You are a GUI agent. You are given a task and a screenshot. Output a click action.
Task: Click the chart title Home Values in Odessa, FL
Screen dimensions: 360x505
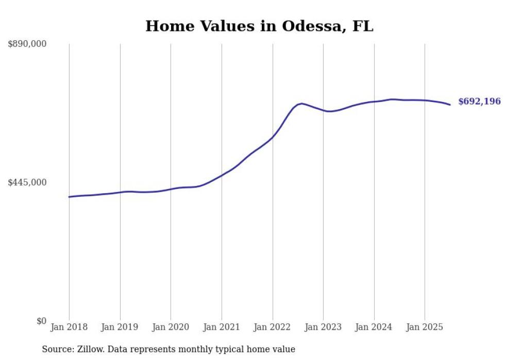coord(259,26)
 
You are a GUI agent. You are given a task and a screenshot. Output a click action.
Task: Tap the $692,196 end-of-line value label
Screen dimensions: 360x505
coord(479,101)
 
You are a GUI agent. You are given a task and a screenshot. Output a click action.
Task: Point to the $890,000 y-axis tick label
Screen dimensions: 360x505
coord(27,44)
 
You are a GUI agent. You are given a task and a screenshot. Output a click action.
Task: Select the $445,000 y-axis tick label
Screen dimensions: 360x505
coord(27,182)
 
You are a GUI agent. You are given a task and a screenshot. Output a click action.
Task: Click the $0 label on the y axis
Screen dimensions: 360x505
coord(41,321)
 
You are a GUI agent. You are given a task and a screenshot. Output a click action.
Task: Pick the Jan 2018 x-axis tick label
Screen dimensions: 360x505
coord(69,327)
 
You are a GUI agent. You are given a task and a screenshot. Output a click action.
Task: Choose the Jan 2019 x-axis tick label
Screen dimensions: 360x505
coord(120,327)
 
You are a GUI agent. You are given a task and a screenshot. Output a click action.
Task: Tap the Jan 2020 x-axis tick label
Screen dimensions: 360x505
coord(171,327)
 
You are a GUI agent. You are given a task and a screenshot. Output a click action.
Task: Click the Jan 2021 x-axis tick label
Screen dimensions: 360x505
coord(222,327)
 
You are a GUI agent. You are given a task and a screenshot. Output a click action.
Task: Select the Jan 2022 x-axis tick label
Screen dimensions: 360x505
coord(273,327)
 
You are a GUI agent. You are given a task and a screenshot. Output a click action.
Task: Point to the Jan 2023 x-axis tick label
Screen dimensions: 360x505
coord(323,327)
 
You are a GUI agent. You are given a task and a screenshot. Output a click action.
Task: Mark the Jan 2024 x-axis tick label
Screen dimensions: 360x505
coord(374,327)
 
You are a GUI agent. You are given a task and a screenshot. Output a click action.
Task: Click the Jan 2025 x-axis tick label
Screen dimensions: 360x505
coord(425,327)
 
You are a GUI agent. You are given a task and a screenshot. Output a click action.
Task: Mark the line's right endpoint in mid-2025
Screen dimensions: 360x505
coord(450,105)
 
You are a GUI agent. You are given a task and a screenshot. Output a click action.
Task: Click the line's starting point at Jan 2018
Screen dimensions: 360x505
coord(69,197)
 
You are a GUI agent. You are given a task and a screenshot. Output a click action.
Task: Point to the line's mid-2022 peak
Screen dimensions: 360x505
coord(301,104)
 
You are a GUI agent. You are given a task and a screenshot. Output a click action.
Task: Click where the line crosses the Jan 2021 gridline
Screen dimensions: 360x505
coord(222,175)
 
